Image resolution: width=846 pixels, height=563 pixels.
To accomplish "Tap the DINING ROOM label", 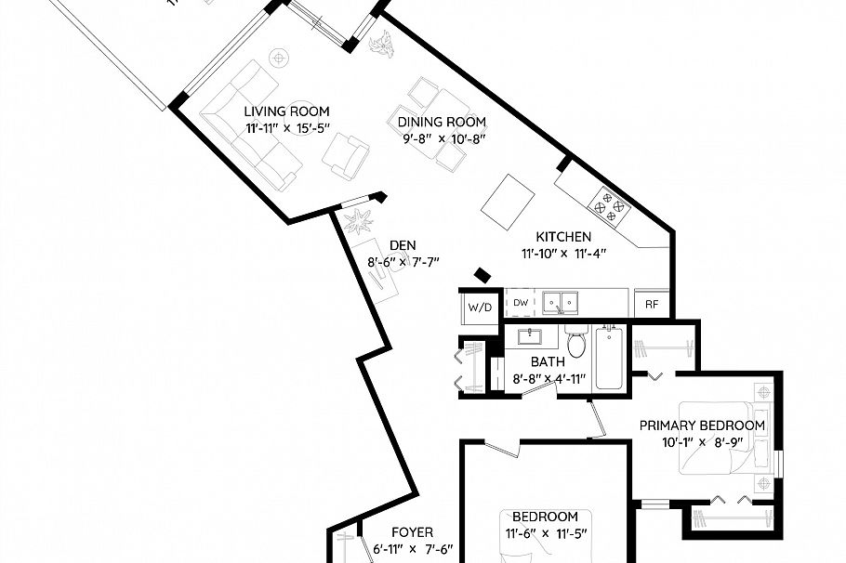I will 442,122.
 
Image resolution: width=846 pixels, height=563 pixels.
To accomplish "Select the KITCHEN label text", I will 563,237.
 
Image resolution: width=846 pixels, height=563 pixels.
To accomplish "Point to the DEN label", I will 403,245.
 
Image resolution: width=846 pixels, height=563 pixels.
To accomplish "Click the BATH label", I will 548,362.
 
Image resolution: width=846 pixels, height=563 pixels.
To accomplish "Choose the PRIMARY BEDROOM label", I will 702,426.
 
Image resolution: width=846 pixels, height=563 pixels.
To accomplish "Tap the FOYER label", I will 412,532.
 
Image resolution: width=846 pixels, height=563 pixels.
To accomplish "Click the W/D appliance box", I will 480,306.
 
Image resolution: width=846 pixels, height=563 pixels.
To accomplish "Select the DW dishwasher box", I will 521,303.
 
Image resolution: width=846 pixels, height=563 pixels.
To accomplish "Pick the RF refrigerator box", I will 652,304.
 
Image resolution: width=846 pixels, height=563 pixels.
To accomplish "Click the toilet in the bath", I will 576,342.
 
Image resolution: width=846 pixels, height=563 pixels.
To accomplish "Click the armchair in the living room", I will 346,156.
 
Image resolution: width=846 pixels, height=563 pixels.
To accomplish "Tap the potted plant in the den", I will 357,222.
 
